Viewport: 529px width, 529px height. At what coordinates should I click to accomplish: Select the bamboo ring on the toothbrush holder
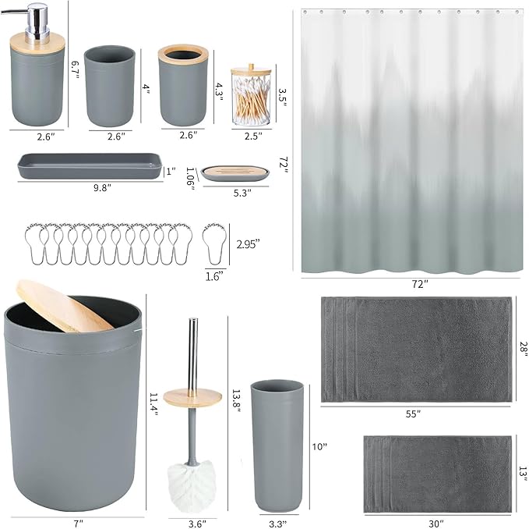183,55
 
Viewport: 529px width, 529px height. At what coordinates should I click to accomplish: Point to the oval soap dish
235,171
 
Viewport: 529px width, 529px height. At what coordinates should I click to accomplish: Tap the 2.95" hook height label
248,243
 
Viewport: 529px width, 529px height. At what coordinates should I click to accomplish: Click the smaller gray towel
437,474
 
